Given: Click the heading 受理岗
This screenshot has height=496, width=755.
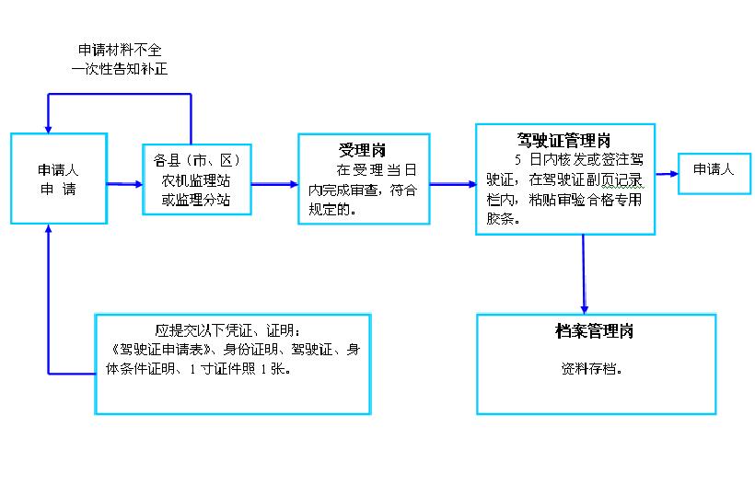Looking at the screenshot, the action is pyautogui.click(x=362, y=150).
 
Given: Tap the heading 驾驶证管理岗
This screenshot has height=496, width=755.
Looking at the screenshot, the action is pyautogui.click(x=563, y=141).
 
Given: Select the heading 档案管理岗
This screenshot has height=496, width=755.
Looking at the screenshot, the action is pyautogui.click(x=594, y=331).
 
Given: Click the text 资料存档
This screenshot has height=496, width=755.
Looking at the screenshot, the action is pyautogui.click(x=591, y=368).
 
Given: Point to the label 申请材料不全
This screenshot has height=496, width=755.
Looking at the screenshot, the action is pyautogui.click(x=120, y=50).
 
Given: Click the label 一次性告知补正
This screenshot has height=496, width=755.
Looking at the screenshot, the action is pyautogui.click(x=120, y=69).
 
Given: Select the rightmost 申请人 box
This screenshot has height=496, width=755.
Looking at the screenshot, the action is pyautogui.click(x=714, y=174).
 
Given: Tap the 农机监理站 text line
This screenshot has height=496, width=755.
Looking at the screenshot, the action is pyautogui.click(x=196, y=180).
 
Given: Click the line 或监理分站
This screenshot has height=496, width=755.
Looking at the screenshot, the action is pyautogui.click(x=196, y=200).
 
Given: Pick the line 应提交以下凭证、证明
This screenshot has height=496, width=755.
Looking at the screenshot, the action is pyautogui.click(x=227, y=330).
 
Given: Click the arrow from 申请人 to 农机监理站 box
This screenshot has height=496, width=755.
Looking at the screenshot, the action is pyautogui.click(x=124, y=184).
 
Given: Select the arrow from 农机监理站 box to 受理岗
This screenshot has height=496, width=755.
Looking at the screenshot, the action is pyautogui.click(x=275, y=184).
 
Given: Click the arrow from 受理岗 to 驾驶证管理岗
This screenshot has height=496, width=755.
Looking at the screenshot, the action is pyautogui.click(x=453, y=184).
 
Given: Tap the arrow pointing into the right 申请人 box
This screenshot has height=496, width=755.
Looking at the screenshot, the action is pyautogui.click(x=667, y=174).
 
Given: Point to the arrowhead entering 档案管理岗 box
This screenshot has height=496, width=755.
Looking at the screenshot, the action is pyautogui.click(x=584, y=310).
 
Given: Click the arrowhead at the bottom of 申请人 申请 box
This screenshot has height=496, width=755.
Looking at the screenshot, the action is pyautogui.click(x=48, y=228).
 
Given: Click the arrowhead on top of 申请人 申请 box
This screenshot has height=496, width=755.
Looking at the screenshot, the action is pyautogui.click(x=48, y=129).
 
